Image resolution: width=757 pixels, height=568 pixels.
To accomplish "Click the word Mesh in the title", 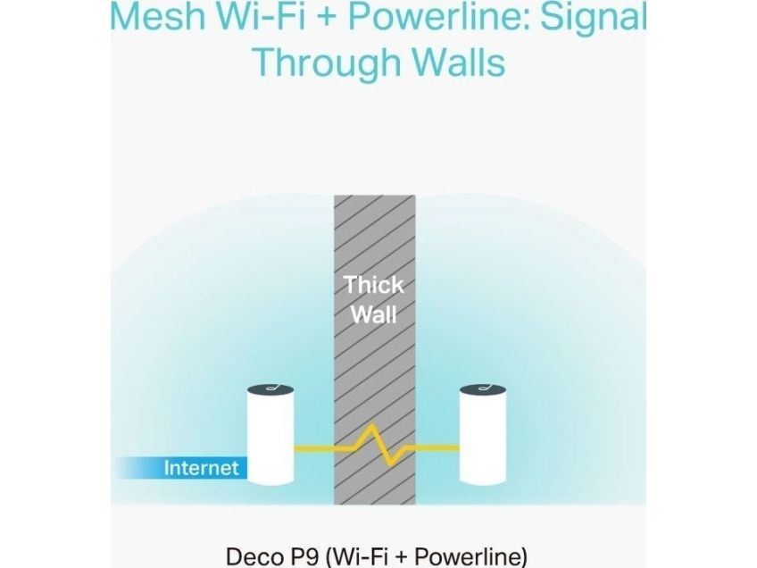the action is click(157, 15).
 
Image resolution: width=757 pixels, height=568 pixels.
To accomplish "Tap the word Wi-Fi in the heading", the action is click(262, 15).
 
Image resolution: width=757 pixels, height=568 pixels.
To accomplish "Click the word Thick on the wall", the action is click(374, 285).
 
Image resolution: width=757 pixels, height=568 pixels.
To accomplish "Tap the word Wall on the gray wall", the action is click(374, 315).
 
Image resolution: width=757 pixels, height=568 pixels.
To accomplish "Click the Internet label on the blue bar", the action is click(201, 468).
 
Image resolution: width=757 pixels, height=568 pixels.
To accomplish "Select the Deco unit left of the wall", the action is click(270, 435).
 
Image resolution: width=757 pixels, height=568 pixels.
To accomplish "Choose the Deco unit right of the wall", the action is click(483, 435).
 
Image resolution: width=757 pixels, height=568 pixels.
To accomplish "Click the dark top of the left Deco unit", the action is click(270, 389).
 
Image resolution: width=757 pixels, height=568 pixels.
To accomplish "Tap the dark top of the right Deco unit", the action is click(483, 389).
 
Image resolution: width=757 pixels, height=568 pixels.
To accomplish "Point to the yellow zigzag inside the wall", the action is click(379, 446).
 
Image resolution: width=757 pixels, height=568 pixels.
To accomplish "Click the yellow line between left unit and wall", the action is click(314, 449).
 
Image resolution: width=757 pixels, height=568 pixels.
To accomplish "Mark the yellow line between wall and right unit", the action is click(437, 448).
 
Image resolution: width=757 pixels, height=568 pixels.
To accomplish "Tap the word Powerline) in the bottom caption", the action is click(471, 557).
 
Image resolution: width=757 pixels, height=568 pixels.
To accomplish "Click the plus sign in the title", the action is click(329, 16).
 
